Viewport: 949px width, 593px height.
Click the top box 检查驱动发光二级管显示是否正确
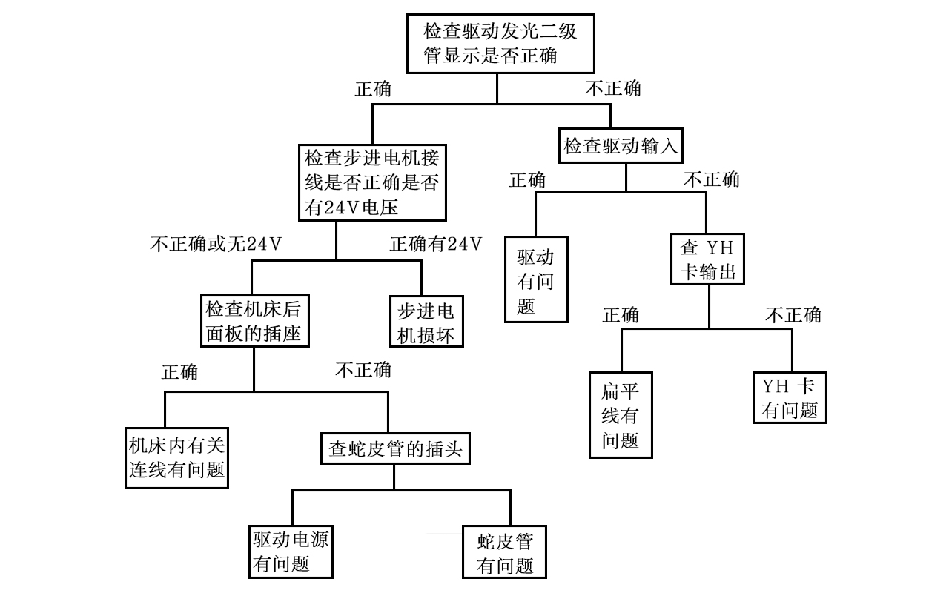tap(497, 43)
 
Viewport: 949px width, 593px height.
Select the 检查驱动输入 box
tap(621, 146)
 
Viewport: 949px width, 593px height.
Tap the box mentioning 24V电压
tap(373, 182)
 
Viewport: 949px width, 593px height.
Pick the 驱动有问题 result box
tap(536, 279)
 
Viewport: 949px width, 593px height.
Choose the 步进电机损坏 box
tap(426, 322)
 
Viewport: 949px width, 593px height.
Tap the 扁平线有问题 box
tap(621, 414)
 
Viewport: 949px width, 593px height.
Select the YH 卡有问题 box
tap(790, 397)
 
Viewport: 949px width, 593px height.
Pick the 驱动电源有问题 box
tap(291, 551)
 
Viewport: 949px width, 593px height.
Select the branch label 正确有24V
tap(436, 244)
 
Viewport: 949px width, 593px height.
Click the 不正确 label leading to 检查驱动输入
tap(613, 88)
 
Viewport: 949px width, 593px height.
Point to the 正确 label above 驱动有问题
tap(527, 180)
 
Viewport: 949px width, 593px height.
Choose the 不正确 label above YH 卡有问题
tap(793, 315)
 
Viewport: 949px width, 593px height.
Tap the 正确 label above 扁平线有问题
tap(621, 315)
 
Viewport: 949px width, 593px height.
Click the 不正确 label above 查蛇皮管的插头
tap(363, 369)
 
